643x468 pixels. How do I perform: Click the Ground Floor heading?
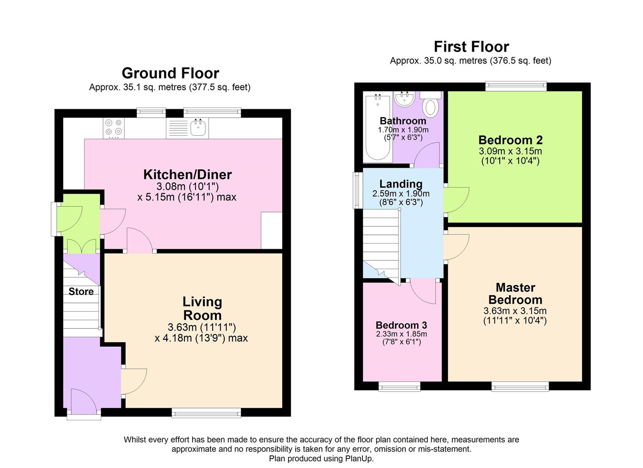click(x=171, y=73)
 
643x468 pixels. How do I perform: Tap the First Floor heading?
click(x=472, y=46)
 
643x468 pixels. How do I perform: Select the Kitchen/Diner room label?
click(x=187, y=174)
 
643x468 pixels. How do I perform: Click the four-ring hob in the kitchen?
click(x=114, y=128)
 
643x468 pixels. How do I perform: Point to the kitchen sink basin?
click(x=198, y=128)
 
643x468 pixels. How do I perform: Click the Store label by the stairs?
click(x=81, y=292)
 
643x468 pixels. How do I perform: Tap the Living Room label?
click(x=202, y=309)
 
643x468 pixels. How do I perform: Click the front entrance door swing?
click(x=84, y=400)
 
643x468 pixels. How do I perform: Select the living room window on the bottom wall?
click(x=207, y=413)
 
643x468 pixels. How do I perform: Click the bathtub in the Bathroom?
click(x=378, y=127)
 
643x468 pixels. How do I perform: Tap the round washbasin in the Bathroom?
click(x=404, y=99)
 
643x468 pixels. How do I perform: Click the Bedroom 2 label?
click(x=511, y=140)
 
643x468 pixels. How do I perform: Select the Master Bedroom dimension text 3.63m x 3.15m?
click(x=515, y=311)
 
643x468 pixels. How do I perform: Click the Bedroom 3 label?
click(x=401, y=325)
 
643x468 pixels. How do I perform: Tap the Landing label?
click(x=401, y=184)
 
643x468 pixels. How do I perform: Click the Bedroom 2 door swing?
click(x=456, y=200)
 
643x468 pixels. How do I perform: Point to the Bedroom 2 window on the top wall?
click(x=516, y=87)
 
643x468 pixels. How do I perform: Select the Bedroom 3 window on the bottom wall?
click(x=399, y=387)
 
